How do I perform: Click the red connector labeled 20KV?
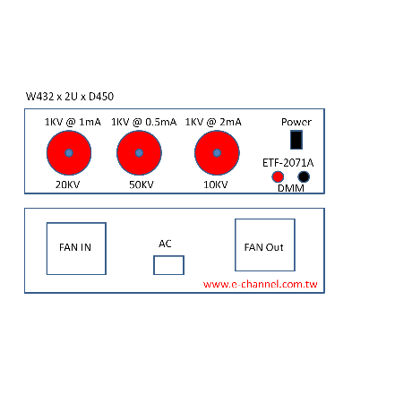point(69,153)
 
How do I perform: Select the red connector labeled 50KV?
point(139,153)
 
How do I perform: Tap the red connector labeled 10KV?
point(217,153)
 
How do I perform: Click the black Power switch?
point(296,140)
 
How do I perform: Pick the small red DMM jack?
point(278,176)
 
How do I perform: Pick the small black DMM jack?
point(304,176)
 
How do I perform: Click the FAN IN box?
point(76,248)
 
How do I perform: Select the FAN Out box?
point(265,245)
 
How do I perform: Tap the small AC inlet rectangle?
point(168,265)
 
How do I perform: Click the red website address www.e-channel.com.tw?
point(260,284)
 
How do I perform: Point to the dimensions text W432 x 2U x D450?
point(70,97)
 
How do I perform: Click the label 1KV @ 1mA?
point(73,122)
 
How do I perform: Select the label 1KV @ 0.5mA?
point(144,122)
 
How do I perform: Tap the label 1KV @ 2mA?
point(213,122)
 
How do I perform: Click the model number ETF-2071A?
point(288,163)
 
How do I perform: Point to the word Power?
point(296,122)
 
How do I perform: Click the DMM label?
point(291,188)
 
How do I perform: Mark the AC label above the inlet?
point(165,244)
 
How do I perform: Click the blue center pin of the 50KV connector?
point(139,153)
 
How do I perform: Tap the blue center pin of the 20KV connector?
point(69,153)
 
